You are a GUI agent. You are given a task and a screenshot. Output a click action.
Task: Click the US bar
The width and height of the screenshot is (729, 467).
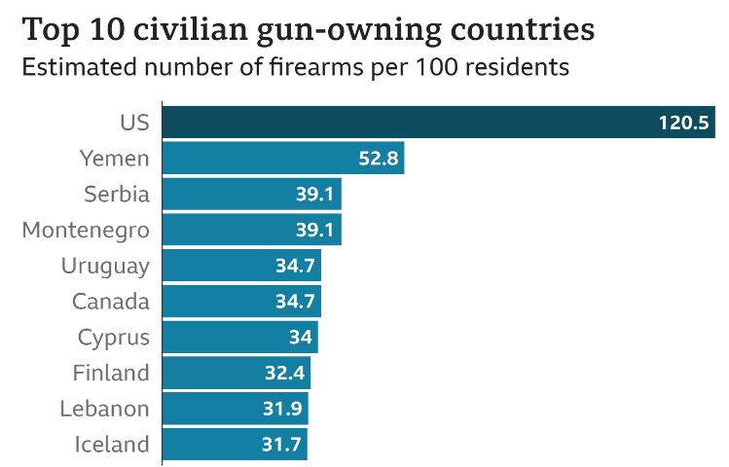coord(438,123)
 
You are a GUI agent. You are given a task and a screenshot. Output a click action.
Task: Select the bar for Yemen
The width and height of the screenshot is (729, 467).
coord(282,159)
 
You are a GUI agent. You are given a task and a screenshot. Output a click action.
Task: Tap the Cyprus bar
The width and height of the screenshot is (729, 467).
coord(239,338)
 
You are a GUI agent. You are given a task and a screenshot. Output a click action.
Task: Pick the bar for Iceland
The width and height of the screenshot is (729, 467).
coord(235,445)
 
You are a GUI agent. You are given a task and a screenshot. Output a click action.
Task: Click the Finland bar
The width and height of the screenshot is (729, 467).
coord(236,373)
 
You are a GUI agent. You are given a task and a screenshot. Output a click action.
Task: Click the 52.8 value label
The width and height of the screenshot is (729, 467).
coord(379,159)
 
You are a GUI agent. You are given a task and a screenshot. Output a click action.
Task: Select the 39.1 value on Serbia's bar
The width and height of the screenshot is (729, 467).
coord(315,195)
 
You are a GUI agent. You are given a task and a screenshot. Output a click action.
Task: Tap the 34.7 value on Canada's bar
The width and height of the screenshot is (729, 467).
coord(295,302)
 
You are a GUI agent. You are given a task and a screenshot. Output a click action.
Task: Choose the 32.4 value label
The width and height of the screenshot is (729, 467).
coord(285,373)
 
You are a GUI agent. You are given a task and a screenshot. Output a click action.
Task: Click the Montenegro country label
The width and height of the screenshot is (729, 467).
coord(86,231)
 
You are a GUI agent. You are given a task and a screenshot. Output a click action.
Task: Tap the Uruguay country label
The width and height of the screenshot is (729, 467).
coord(105,266)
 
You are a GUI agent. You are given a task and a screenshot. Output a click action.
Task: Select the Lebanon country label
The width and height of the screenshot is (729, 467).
coord(104,409)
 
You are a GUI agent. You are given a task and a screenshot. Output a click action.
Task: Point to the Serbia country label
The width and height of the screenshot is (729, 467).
coord(117,195)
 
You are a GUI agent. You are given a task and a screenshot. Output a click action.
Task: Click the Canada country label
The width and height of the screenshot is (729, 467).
coord(111,302)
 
